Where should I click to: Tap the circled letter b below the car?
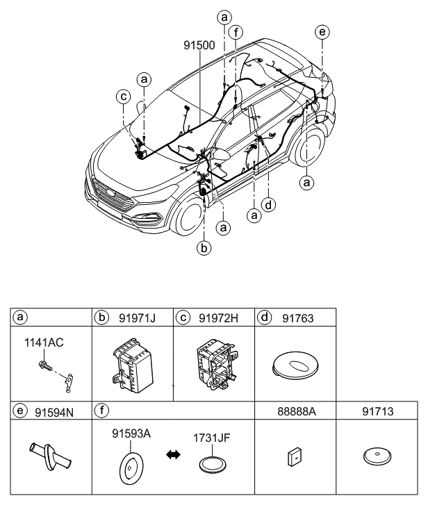(x=204, y=247)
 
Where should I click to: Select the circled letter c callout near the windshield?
(x=123, y=97)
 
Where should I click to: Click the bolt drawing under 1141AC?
(x=46, y=364)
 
